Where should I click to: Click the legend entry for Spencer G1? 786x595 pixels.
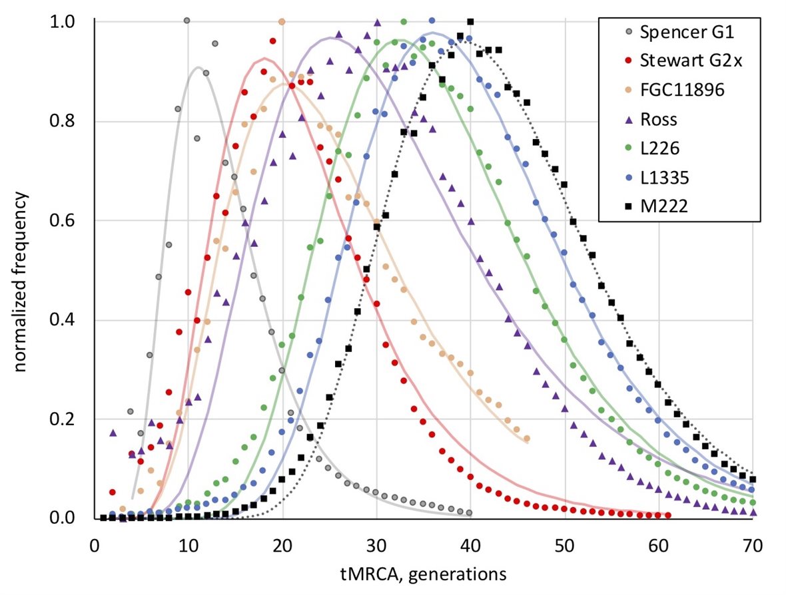673,31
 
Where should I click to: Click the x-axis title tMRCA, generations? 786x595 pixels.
427,573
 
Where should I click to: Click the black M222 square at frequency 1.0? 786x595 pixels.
470,22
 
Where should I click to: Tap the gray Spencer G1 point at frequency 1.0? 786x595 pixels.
187,21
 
